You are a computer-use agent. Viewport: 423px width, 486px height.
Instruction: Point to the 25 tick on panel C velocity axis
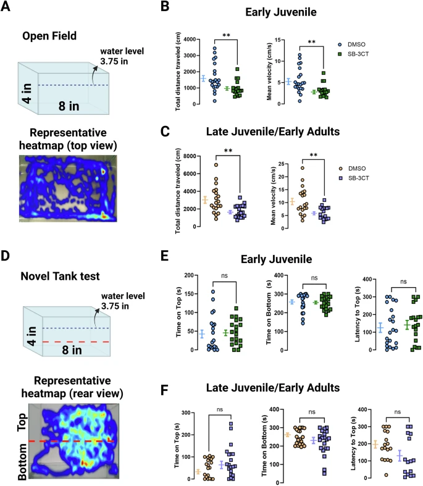coord(286,164)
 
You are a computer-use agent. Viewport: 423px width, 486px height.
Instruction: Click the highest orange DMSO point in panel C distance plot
coord(216,165)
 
